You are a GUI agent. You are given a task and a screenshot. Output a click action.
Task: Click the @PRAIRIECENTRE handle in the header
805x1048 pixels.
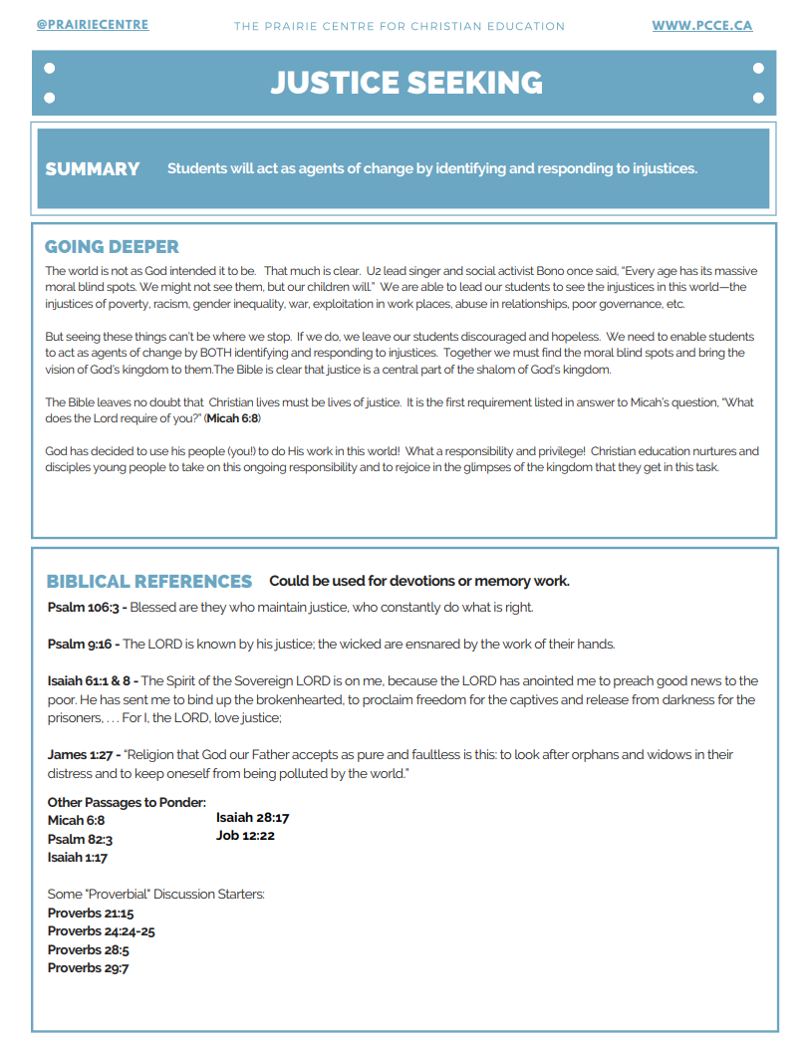pyautogui.click(x=92, y=24)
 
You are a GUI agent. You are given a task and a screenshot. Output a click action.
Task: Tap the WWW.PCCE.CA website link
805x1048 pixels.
pyautogui.click(x=701, y=25)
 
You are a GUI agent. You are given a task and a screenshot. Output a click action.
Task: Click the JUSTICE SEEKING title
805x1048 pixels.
pyautogui.click(x=405, y=83)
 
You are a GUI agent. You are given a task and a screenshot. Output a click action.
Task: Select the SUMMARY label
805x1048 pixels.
pyautogui.click(x=93, y=169)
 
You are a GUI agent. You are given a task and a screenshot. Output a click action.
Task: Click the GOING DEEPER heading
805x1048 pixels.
pyautogui.click(x=112, y=247)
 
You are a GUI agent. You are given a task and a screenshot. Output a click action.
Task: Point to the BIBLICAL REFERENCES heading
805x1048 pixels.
pyautogui.click(x=149, y=582)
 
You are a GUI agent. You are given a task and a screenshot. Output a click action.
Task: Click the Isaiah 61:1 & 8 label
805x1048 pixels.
pyautogui.click(x=91, y=681)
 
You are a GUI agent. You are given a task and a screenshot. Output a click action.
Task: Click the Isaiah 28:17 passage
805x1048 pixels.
pyautogui.click(x=252, y=818)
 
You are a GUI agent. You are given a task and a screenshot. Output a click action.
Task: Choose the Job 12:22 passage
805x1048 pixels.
pyautogui.click(x=245, y=836)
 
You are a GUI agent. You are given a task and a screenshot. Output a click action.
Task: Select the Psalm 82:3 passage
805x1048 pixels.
pyautogui.click(x=80, y=840)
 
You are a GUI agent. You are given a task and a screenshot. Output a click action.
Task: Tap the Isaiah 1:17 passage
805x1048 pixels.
pyautogui.click(x=78, y=858)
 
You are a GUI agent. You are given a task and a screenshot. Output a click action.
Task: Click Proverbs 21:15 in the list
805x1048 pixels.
pyautogui.click(x=91, y=914)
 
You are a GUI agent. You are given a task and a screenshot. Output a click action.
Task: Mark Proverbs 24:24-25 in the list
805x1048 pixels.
pyautogui.click(x=101, y=931)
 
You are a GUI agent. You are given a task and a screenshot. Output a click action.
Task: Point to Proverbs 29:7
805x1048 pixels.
pyautogui.click(x=88, y=968)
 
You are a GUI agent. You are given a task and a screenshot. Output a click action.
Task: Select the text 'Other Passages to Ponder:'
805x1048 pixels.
pyautogui.click(x=127, y=803)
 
